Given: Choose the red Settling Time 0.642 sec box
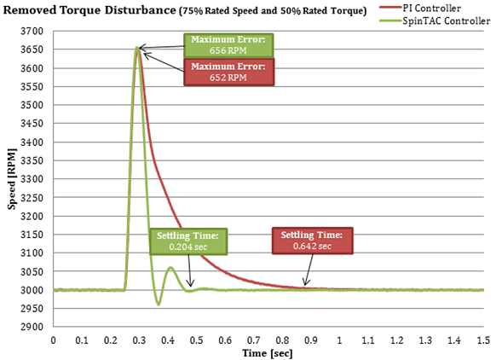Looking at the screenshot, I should [x=311, y=241].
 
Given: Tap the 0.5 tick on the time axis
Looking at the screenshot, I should [x=197, y=339].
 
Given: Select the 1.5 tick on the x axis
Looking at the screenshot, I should [x=483, y=339].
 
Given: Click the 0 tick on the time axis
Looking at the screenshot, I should [x=54, y=339].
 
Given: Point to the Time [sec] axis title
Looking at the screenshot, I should [x=268, y=351].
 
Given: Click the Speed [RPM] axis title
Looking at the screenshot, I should [x=10, y=179].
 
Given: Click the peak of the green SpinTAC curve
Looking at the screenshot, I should [x=137, y=47].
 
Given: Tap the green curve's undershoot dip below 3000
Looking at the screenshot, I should [x=158, y=305].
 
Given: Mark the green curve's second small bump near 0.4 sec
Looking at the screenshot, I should [x=170, y=268].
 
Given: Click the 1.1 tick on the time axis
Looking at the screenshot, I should [x=369, y=339].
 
